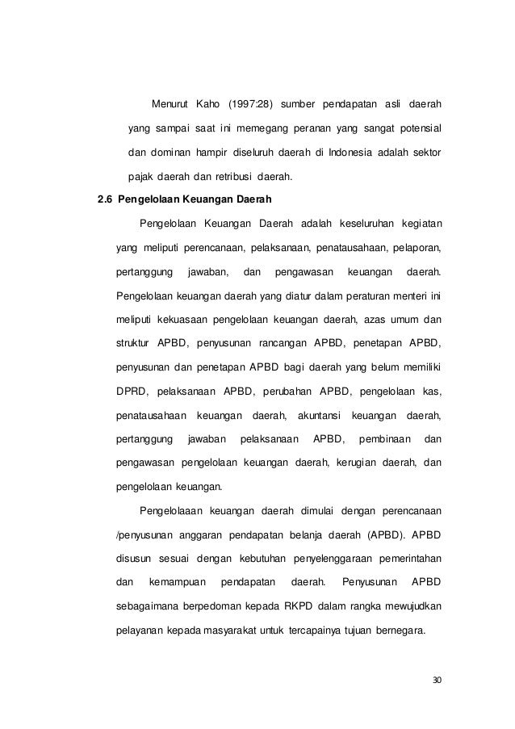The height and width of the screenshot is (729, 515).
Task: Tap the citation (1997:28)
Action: [x=253, y=104]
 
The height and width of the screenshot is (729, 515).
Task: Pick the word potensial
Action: [x=417, y=128]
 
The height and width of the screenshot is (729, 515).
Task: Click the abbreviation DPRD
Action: [x=133, y=392]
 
